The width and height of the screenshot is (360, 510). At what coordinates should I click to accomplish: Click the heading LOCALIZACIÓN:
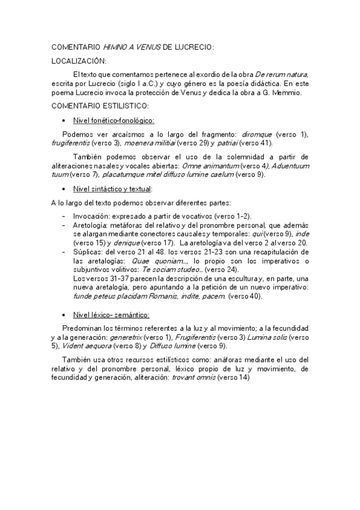click(x=79, y=61)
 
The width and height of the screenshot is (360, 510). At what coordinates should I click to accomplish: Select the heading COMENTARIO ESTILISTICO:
click(x=100, y=105)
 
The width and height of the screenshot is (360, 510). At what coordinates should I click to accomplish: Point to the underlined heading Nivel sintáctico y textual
click(x=112, y=189)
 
